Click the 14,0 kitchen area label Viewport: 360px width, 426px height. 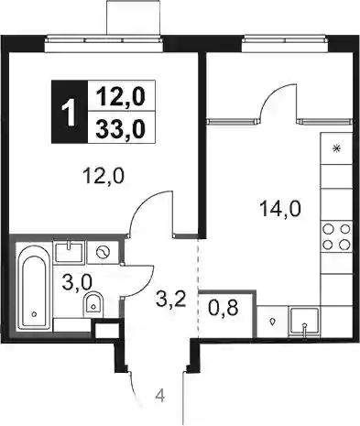point(280,209)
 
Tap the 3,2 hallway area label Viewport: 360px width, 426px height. point(170,298)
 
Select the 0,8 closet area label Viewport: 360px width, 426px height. point(224,309)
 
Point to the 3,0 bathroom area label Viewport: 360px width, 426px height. point(77,282)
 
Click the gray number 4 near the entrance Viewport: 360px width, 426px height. point(160,397)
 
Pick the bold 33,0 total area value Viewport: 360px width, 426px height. point(120,128)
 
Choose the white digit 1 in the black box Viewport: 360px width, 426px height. point(70,113)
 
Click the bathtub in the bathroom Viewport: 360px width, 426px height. point(34,287)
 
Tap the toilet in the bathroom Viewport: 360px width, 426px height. point(93,302)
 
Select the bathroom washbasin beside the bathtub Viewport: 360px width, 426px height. point(69,252)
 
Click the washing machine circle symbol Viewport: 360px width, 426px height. point(103,252)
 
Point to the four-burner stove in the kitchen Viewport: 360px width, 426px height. point(336,236)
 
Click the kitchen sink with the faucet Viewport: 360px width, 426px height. point(304,322)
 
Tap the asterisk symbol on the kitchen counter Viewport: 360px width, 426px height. point(336,148)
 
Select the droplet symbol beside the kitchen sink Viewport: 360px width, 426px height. point(272,322)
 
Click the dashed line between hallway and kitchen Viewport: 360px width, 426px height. point(199,289)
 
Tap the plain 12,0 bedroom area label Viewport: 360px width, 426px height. point(104,176)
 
